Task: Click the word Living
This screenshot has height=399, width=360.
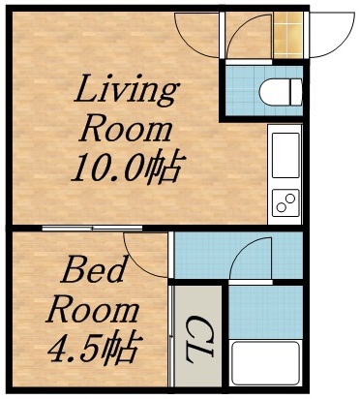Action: pos(127,93)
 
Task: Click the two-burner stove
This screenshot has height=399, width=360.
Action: pos(285,202)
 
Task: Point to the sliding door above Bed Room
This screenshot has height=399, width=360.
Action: pos(93,229)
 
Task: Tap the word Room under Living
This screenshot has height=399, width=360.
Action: pos(127,130)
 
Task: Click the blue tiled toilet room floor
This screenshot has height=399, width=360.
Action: pos(242,92)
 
